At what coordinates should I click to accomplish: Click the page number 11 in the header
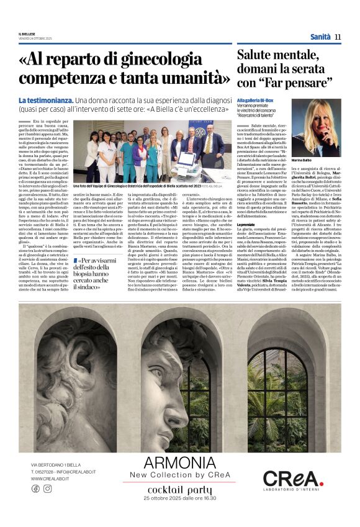[x=338, y=37]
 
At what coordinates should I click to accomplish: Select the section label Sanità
[x=320, y=37]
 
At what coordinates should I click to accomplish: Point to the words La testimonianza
[x=45, y=101]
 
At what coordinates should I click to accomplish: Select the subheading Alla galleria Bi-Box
[x=256, y=99]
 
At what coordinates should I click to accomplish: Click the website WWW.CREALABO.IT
[x=50, y=479]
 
